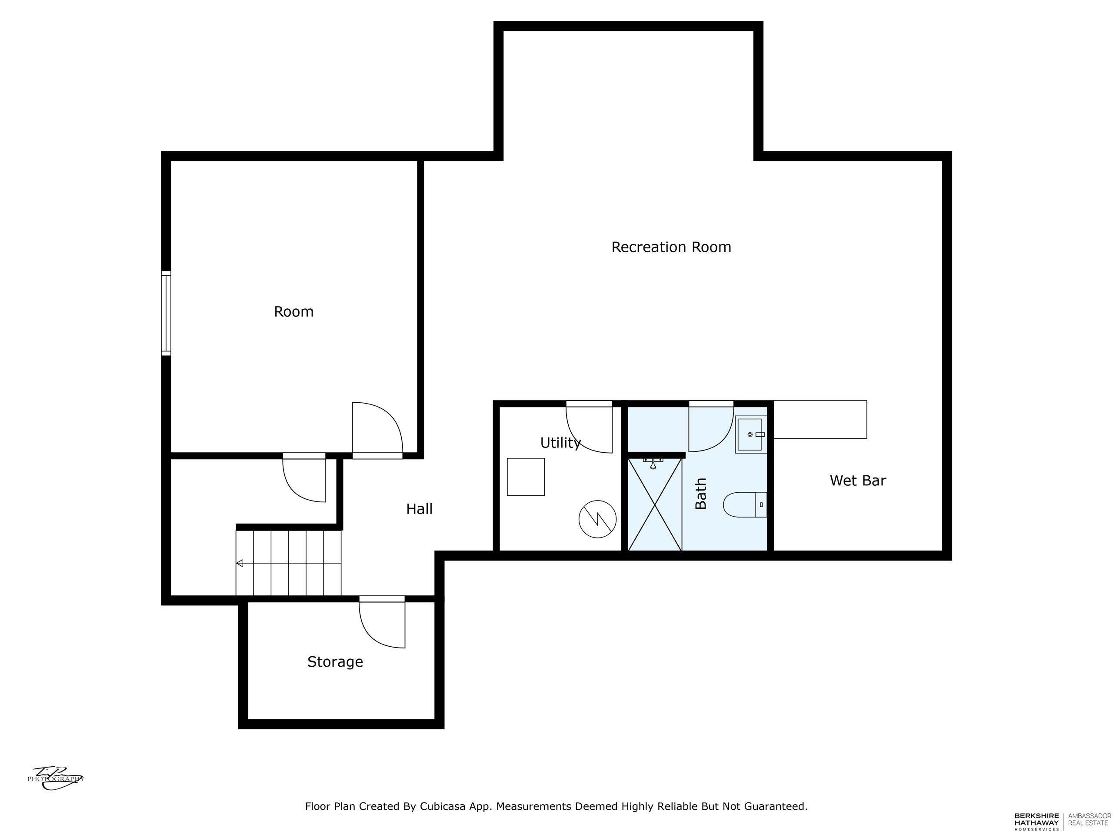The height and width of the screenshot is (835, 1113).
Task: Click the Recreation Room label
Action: click(x=671, y=247)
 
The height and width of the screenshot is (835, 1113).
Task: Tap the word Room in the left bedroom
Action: click(x=294, y=311)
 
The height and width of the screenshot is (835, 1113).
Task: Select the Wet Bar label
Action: click(x=858, y=480)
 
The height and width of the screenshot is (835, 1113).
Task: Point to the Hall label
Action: click(x=419, y=509)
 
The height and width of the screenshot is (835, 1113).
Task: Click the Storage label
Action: click(x=335, y=661)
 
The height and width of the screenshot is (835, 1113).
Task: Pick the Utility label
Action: click(x=560, y=442)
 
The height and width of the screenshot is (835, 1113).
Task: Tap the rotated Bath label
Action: click(x=701, y=493)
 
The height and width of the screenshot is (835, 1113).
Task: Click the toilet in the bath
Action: click(x=745, y=504)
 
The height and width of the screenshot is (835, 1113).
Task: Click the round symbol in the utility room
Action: click(x=598, y=519)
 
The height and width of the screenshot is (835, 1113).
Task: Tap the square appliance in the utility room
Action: click(x=526, y=477)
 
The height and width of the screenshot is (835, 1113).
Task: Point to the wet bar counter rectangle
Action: click(x=820, y=419)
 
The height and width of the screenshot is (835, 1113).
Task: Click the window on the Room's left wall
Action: click(x=166, y=313)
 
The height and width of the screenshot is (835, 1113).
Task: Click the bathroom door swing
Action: click(x=711, y=426)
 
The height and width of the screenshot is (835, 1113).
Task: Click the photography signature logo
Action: click(x=56, y=778)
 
